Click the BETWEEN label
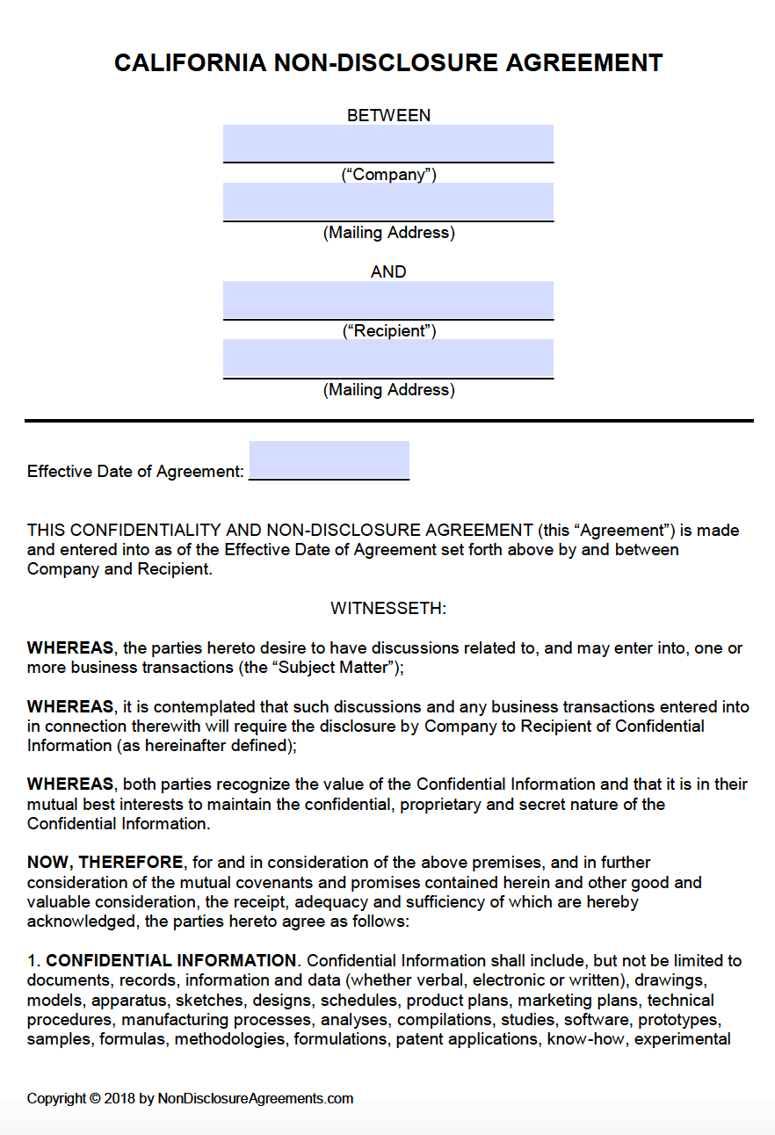(x=388, y=115)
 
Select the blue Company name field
(x=388, y=143)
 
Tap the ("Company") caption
(x=388, y=174)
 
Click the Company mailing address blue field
(x=388, y=201)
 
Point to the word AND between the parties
(x=388, y=271)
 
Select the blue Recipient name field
(x=388, y=300)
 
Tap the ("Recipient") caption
(x=388, y=330)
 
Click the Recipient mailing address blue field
(x=388, y=358)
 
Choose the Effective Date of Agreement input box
(x=330, y=459)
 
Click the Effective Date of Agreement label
(x=135, y=472)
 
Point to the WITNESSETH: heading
(x=388, y=608)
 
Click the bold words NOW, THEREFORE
(x=105, y=863)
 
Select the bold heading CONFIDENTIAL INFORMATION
(x=171, y=960)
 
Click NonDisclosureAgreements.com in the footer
(x=256, y=1098)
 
